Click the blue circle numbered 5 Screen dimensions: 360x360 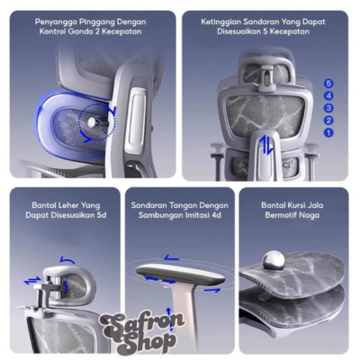click(328, 84)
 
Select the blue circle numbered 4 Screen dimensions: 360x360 click(328, 95)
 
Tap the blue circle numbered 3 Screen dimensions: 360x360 click(328, 108)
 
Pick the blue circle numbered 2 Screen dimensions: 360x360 click(328, 121)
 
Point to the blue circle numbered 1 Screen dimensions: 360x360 click(328, 132)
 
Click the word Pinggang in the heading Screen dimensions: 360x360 click(97, 22)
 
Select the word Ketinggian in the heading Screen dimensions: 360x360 click(221, 22)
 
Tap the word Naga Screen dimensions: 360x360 click(309, 215)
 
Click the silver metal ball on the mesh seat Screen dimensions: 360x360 click(274, 260)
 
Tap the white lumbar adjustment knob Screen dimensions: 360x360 click(92, 121)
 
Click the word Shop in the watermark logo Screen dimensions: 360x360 click(150, 343)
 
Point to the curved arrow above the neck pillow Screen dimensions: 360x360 click(67, 260)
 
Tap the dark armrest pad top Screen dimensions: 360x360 click(180, 274)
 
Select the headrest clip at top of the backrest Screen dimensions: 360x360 click(266, 78)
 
